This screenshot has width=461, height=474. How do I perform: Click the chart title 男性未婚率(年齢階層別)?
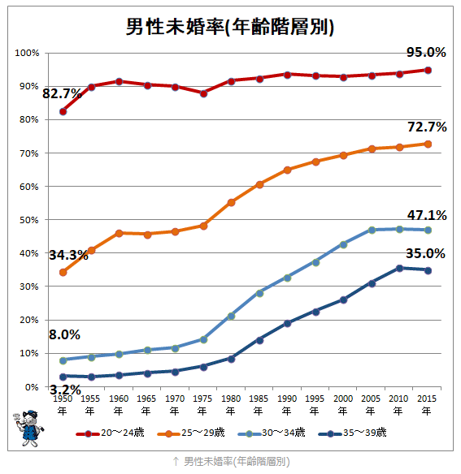tap(230, 26)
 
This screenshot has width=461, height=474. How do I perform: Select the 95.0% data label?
tap(426, 52)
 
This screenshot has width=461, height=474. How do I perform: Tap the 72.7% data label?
tap(426, 127)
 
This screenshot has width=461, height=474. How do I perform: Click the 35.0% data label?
tap(426, 253)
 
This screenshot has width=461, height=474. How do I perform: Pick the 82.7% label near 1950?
tap(62, 93)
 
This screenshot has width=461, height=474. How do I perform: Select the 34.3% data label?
tap(68, 255)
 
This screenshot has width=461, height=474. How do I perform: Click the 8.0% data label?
tap(65, 334)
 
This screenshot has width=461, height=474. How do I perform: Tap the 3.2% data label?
tap(65, 390)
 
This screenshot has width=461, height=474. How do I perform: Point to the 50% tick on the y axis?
tap(28, 220)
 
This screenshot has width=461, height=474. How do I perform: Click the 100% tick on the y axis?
tap(27, 54)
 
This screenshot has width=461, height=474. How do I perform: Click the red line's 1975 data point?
tap(203, 93)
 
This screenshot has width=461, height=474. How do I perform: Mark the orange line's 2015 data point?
tap(428, 144)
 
